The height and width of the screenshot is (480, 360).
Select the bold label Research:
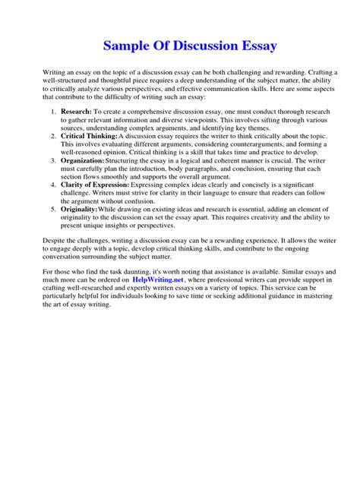pos(77,112)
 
